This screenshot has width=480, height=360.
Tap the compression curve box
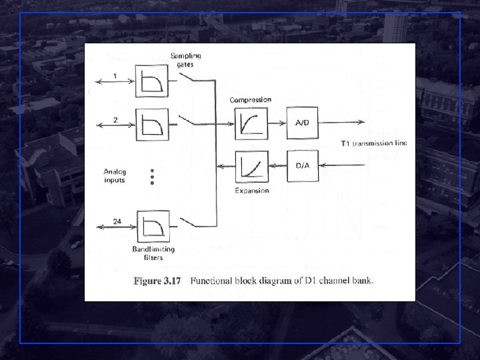click(251, 123)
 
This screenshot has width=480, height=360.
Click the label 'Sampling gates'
click(185, 59)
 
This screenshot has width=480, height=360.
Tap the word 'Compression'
click(251, 100)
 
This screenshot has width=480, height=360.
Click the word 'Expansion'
click(251, 191)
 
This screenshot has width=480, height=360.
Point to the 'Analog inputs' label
click(115, 176)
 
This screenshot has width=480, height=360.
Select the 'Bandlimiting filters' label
click(153, 253)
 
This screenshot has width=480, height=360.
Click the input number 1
click(115, 75)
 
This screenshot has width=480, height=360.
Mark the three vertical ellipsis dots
click(152, 176)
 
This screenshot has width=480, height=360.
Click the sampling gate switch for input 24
click(190, 223)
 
